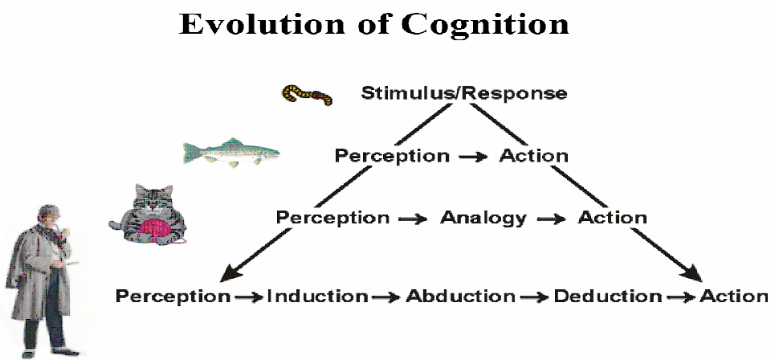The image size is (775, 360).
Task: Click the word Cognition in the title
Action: coord(485,25)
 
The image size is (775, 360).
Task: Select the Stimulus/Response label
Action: coord(464,93)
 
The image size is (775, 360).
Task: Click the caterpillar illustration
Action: coord(307,94)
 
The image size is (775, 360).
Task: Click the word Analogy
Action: coord(483,218)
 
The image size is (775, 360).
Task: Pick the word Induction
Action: coord(318,297)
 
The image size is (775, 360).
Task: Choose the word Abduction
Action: coord(461,297)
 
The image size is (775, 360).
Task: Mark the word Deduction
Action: coord(608,297)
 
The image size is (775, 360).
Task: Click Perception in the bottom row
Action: coord(173,297)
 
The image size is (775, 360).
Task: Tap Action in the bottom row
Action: coord(734,297)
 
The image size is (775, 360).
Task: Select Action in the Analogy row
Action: coord(613,217)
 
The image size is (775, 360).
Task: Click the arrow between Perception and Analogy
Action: coord(414,219)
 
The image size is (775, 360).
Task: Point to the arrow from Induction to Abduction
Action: coord(386,297)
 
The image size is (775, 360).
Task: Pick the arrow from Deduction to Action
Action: coord(680,297)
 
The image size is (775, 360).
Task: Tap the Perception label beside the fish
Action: coord(392,156)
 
